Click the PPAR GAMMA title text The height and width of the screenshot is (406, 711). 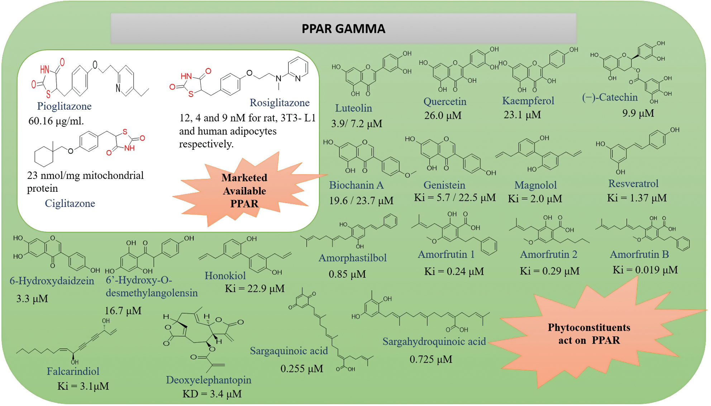coord(343,29)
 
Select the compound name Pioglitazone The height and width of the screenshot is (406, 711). coord(64,106)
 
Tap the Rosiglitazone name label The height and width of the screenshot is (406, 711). coord(280,103)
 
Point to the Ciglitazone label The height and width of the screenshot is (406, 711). coord(70,204)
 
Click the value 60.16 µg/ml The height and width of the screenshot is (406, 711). coord(56,121)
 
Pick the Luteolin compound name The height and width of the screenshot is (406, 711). coord(353,108)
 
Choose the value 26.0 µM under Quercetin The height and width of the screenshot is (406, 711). coord(443,116)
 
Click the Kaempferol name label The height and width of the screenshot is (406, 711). coord(528,101)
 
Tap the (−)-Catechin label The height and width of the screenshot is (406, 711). coord(610,97)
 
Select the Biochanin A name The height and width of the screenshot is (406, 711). coord(356,185)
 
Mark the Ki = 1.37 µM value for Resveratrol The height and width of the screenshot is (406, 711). coord(636,198)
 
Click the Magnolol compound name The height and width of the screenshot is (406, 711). coord(535,185)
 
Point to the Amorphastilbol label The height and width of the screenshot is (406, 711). coord(352,258)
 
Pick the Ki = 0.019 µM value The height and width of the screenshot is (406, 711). coord(645,270)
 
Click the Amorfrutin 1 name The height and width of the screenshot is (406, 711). coord(446,254)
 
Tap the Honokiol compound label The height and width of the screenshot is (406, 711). coord(225,276)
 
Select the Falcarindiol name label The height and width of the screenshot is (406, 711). coord(73,371)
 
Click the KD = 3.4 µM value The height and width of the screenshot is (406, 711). coord(212,394)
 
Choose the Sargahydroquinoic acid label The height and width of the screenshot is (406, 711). coord(434,341)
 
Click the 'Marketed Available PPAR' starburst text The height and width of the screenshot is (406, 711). coord(244,191)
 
